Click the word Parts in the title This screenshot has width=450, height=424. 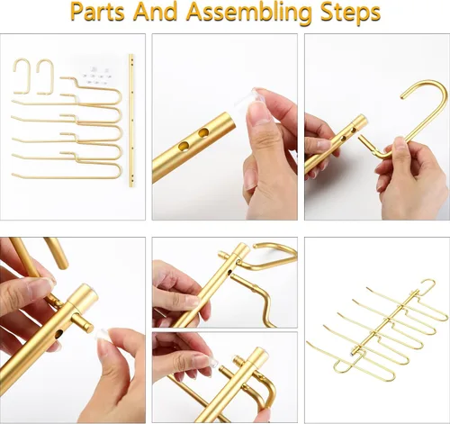(98, 13)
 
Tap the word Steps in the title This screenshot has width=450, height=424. (349, 13)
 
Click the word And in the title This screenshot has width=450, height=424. (155, 13)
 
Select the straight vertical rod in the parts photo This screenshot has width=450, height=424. (131, 121)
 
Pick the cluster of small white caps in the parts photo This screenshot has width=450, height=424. (94, 75)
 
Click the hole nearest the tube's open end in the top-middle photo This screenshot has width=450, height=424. (204, 132)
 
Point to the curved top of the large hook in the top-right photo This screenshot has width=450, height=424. (426, 87)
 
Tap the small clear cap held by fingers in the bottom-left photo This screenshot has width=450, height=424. (103, 335)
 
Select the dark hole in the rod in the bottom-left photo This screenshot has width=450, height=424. (59, 334)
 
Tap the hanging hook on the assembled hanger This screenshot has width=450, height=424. (426, 286)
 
